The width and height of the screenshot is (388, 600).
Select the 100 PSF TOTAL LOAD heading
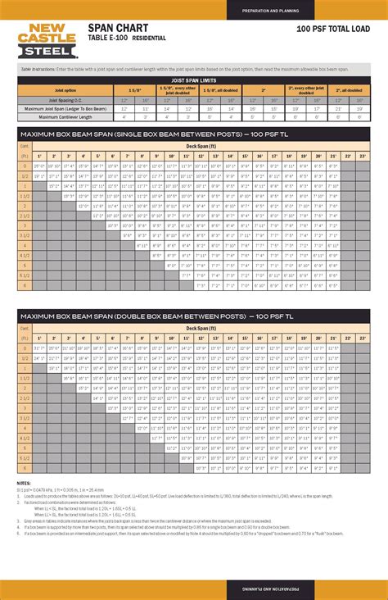(336, 28)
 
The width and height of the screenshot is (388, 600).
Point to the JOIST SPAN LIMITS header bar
(194, 80)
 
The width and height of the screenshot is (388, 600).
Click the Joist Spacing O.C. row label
(65, 100)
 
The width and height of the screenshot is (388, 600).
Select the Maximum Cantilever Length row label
(65, 116)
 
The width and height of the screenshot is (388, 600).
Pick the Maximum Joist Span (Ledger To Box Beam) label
(65, 108)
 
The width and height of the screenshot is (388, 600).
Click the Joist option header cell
(65, 89)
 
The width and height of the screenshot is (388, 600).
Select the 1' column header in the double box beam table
(38, 339)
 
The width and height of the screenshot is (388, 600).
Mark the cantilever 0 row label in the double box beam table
(25, 348)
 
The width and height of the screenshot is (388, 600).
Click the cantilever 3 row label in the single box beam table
(25, 225)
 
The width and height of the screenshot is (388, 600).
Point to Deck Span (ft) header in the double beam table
(201, 328)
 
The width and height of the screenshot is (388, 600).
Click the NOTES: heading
(24, 484)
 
